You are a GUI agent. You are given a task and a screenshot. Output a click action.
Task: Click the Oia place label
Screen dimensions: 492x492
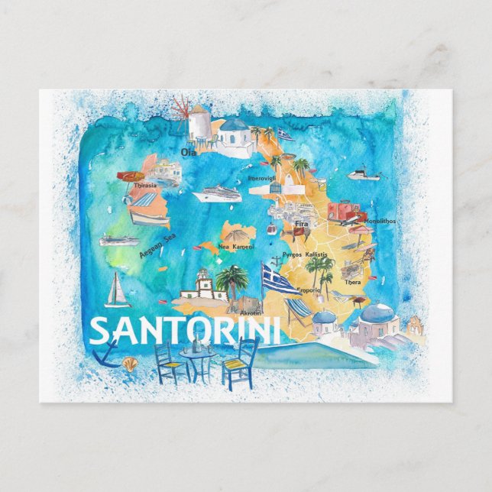188,152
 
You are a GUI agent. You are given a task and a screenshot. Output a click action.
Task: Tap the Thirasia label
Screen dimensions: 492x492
144,185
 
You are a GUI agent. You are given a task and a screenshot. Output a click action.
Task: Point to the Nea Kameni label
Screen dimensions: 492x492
235,247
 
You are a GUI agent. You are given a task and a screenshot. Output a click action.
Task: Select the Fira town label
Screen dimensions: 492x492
301,225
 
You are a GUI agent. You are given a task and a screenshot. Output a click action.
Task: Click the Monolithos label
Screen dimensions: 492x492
380,222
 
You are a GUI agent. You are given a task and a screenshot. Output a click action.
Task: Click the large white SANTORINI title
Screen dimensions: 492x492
185,331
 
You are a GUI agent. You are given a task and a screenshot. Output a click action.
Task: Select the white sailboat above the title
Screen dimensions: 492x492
117,290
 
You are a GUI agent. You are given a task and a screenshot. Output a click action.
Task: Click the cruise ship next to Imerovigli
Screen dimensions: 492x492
217,194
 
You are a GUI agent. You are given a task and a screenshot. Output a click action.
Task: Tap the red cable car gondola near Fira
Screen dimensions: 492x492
270,228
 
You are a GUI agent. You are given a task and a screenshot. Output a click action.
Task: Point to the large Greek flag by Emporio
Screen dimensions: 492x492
279,280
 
